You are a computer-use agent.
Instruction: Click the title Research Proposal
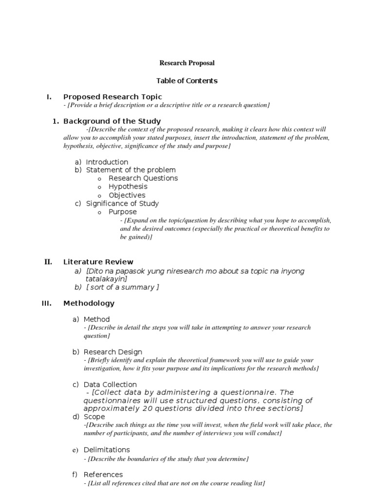coord(187,63)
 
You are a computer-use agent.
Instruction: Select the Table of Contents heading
coord(187,81)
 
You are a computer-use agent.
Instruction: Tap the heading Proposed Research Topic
coord(112,97)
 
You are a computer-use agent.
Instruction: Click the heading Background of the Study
coord(112,121)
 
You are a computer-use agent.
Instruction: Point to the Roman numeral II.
coord(48,262)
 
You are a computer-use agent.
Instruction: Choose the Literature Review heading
coord(98,262)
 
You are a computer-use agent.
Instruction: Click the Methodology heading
coord(89,303)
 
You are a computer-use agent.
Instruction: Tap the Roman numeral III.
coord(47,303)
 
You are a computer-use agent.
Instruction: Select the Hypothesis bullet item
coord(128,186)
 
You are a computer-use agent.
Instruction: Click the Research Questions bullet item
coord(143,178)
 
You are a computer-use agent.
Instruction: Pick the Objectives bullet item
coord(127,195)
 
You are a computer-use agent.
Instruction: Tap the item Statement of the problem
coord(131,170)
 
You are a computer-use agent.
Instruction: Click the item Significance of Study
coord(122,203)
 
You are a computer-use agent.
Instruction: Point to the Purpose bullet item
coord(123,212)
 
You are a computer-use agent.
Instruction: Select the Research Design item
coord(113,352)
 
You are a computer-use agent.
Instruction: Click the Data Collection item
coord(110,384)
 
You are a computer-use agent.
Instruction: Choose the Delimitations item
coord(107,450)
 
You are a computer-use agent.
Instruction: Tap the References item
coord(103,475)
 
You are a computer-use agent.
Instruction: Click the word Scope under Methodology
coord(94,417)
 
